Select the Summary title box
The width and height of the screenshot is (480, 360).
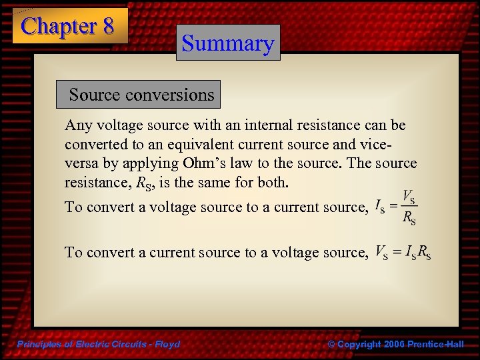tap(228, 43)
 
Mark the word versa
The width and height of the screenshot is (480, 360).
tap(81, 163)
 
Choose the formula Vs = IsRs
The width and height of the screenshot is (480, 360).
tap(403, 253)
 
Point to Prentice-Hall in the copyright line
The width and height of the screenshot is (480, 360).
tap(436, 344)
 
